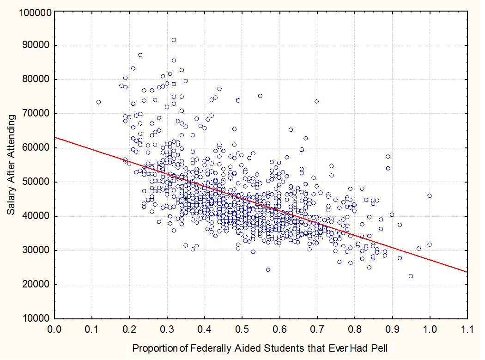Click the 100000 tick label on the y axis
[x=34, y=12]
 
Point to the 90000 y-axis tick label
[x=36, y=46]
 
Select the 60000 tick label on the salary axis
[x=36, y=148]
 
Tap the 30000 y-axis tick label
[x=36, y=251]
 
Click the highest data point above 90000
[x=174, y=40]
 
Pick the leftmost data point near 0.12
[x=98, y=102]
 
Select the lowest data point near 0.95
[x=411, y=276]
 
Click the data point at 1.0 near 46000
[x=430, y=195]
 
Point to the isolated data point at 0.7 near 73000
[x=317, y=101]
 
